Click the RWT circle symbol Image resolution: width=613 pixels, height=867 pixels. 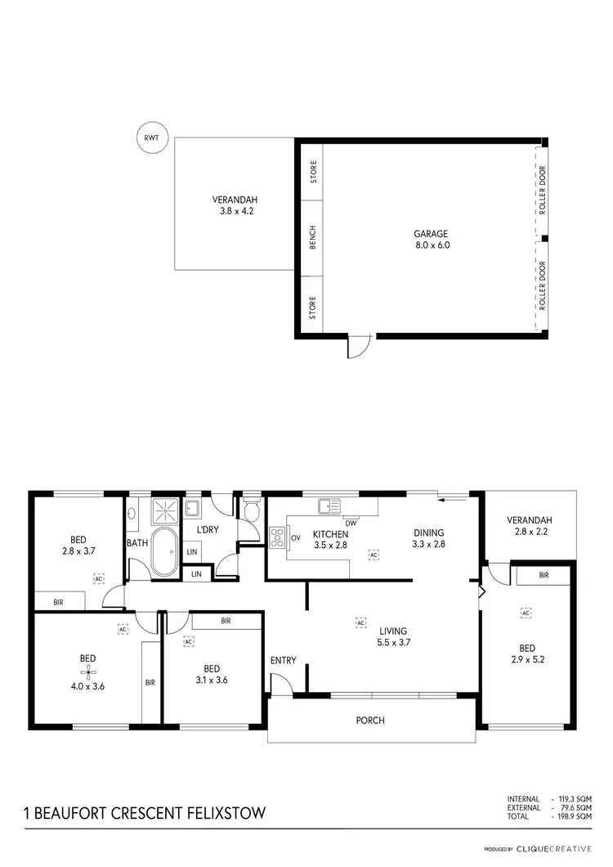(151, 138)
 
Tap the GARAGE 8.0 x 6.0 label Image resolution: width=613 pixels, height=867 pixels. (431, 239)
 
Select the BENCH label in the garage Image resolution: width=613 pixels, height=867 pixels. (312, 237)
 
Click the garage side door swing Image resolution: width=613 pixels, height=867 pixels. (359, 347)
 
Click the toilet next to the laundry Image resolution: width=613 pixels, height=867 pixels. (251, 510)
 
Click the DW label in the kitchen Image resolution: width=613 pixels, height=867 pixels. (350, 523)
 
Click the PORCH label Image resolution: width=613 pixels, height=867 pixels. (369, 721)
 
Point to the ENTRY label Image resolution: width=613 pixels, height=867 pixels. (283, 661)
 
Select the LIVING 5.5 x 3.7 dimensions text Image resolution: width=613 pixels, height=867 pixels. (393, 643)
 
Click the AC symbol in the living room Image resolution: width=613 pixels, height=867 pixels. (360, 622)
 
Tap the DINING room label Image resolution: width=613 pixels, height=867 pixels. (428, 532)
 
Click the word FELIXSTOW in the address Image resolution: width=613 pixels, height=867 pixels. (223, 814)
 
